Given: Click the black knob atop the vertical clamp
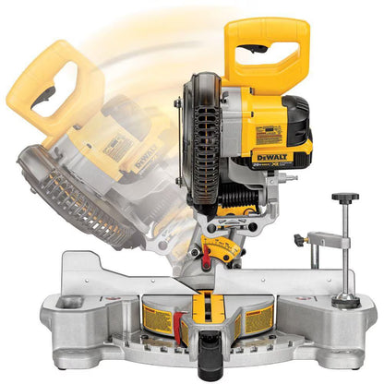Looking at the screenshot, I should [x=346, y=198].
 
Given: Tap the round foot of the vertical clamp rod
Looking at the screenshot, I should [x=347, y=300].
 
